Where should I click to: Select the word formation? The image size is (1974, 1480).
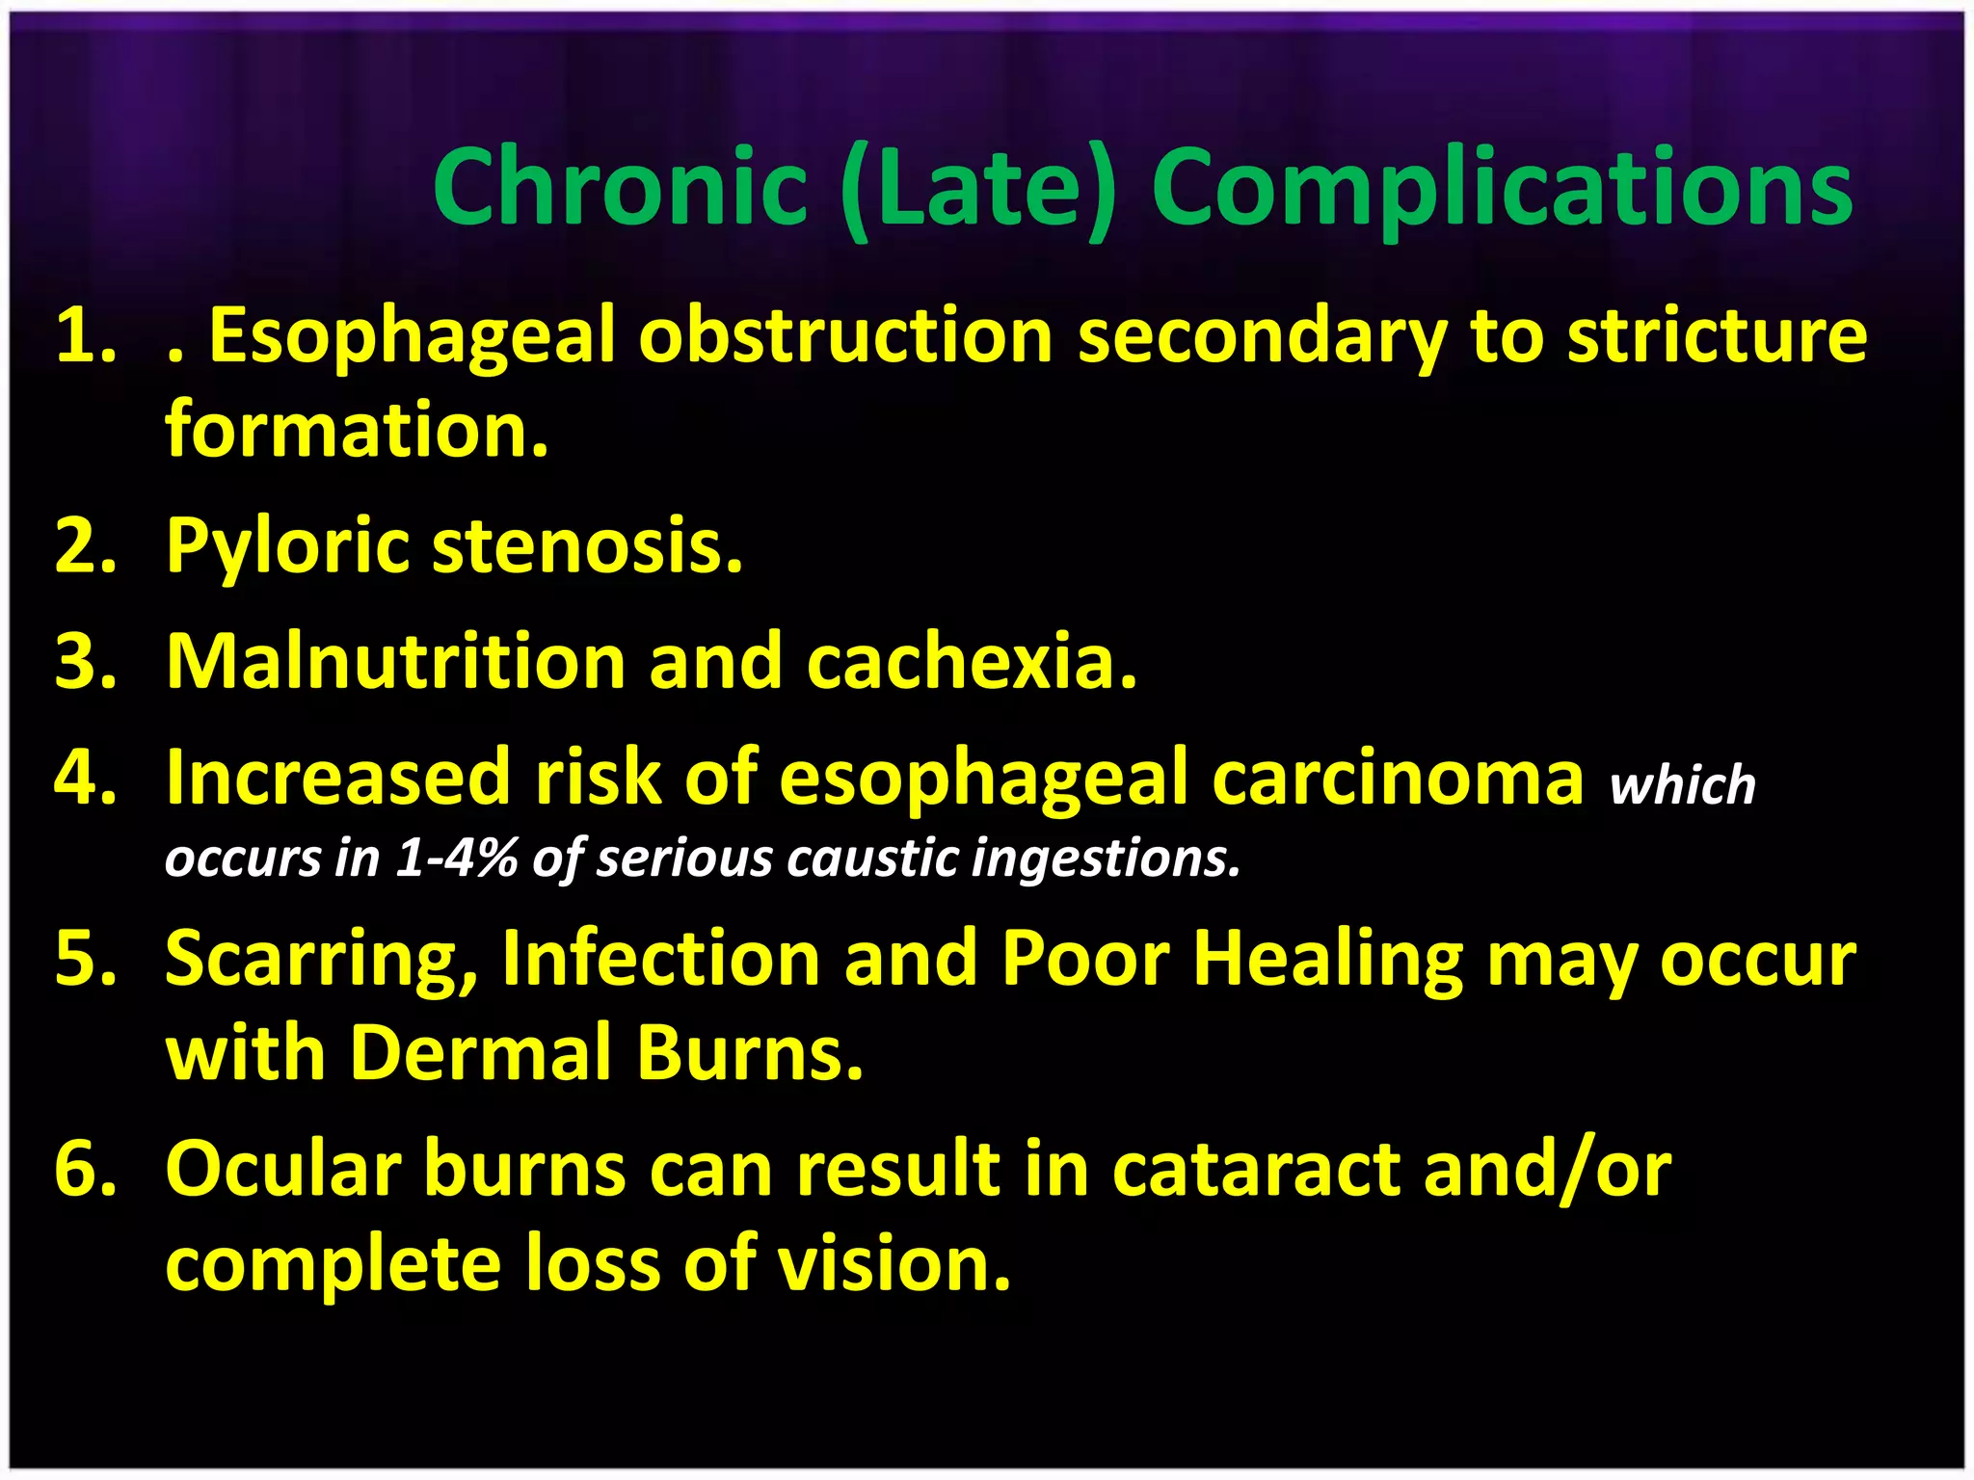(x=357, y=430)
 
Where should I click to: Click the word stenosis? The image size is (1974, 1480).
(x=587, y=546)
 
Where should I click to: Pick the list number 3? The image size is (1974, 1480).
(x=85, y=662)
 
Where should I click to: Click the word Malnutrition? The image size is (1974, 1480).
(x=395, y=662)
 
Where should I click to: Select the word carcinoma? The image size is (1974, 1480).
(x=1398, y=779)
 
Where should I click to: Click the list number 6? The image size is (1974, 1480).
(x=85, y=1169)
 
